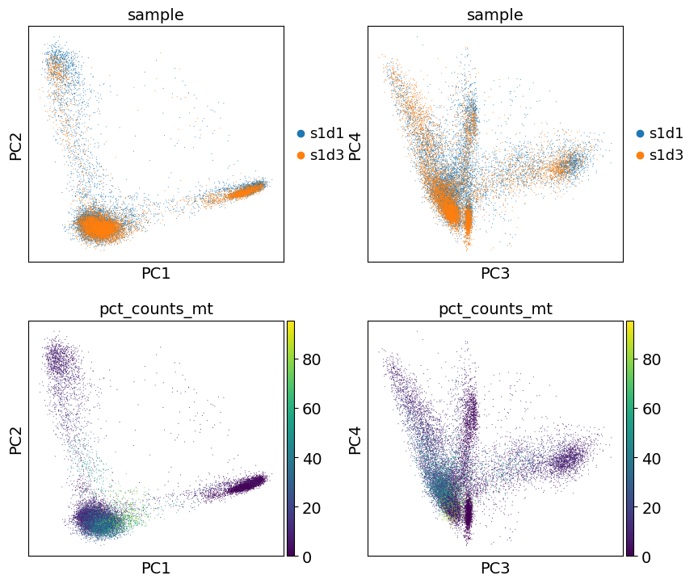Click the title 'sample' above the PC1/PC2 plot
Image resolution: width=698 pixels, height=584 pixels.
coord(156,15)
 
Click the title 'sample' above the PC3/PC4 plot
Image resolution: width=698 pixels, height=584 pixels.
coord(495,15)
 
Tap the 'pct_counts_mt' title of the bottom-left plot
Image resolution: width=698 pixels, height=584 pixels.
coord(156,309)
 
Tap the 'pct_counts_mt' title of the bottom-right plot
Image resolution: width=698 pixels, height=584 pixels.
coord(495,309)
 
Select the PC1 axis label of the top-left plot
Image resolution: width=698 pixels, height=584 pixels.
coord(156,274)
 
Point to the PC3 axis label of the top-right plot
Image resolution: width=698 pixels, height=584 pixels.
coord(495,274)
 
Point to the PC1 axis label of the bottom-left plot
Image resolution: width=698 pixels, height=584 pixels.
coord(156,569)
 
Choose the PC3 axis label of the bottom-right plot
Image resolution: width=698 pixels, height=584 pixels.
coord(495,569)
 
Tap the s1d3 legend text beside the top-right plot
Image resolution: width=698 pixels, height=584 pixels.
coord(666,155)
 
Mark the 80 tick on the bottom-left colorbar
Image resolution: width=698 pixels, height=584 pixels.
coord(313,359)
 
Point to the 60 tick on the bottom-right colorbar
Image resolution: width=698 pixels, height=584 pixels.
coord(652,409)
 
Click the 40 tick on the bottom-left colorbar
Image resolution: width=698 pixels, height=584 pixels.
coord(313,458)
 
